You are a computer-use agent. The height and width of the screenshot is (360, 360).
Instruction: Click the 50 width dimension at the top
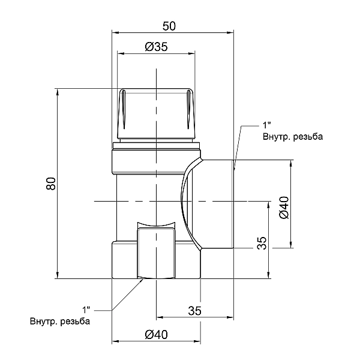coord(169,26)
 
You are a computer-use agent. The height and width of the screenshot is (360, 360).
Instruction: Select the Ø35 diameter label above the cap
coord(157,47)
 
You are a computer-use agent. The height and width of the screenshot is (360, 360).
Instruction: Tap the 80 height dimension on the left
coord(51,184)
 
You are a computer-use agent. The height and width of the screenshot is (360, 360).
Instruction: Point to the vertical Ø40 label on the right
coord(284,208)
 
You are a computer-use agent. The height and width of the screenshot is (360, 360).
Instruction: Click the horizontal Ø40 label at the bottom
coord(157,335)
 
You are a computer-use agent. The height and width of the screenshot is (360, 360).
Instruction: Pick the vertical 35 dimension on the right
coord(262,243)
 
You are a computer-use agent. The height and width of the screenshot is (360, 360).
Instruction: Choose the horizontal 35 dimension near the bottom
coord(194,311)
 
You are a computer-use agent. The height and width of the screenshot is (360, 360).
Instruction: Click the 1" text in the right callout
coord(267,125)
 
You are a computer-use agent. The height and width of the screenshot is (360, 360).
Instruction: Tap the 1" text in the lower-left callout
coord(86,310)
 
